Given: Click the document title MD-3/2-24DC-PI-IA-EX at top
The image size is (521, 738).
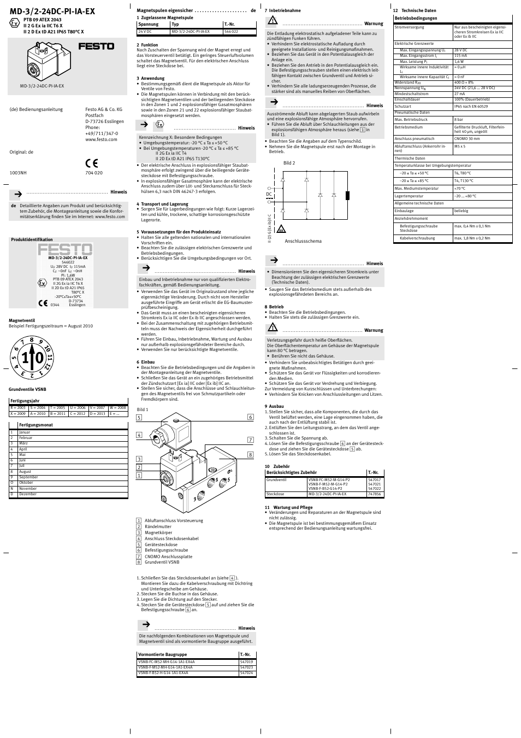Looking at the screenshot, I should point(52,11).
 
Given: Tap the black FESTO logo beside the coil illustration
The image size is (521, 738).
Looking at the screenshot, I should point(96,46).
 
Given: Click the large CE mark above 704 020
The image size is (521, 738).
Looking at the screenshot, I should point(91,162).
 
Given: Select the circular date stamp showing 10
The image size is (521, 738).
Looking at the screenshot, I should point(32,358).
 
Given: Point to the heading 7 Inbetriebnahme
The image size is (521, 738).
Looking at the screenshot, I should point(282,11).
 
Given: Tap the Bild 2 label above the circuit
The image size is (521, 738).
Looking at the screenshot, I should point(289,163).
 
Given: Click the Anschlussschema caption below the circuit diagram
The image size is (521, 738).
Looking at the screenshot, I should point(303,241).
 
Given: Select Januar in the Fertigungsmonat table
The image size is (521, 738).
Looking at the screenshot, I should point(25,432).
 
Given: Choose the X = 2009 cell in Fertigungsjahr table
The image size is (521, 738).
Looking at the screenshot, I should point(19,414).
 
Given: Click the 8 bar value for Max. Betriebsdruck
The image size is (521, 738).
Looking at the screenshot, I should point(459,119).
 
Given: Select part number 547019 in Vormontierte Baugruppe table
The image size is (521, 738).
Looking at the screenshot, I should point(246,662).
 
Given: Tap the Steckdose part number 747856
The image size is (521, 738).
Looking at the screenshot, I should point(374,494).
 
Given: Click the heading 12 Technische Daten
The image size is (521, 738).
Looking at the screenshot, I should point(415,11).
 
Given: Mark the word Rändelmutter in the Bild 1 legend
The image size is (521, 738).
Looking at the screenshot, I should point(158,526).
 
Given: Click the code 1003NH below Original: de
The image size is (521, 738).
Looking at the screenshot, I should point(18,173).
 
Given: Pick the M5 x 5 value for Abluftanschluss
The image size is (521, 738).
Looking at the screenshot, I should point(460,147).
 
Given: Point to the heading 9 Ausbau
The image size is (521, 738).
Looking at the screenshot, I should point(274,406).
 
